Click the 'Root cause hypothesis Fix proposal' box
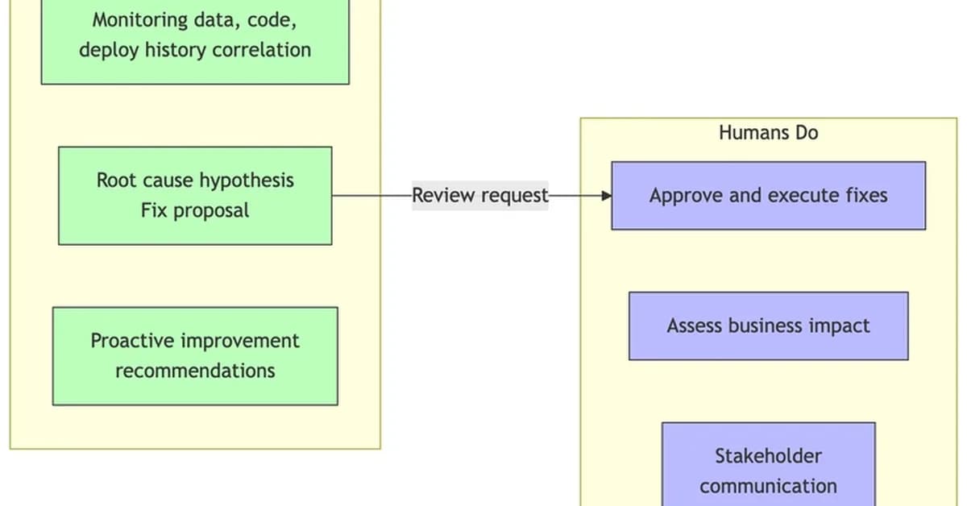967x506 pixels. pyautogui.click(x=195, y=196)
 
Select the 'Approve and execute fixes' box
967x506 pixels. pyautogui.click(x=768, y=196)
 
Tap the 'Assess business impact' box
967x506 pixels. pyautogui.click(x=768, y=326)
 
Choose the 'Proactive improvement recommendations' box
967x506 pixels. pyautogui.click(x=195, y=355)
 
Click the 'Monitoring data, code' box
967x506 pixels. pyautogui.click(x=195, y=36)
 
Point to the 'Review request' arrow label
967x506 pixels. pyautogui.click(x=479, y=195)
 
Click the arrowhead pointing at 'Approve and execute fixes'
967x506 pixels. pyautogui.click(x=606, y=196)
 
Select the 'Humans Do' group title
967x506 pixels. pyautogui.click(x=768, y=132)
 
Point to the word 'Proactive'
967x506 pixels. pyautogui.click(x=132, y=341)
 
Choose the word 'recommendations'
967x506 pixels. pyautogui.click(x=195, y=371)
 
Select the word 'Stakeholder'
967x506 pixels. pyautogui.click(x=768, y=456)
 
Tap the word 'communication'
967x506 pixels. pyautogui.click(x=768, y=486)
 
